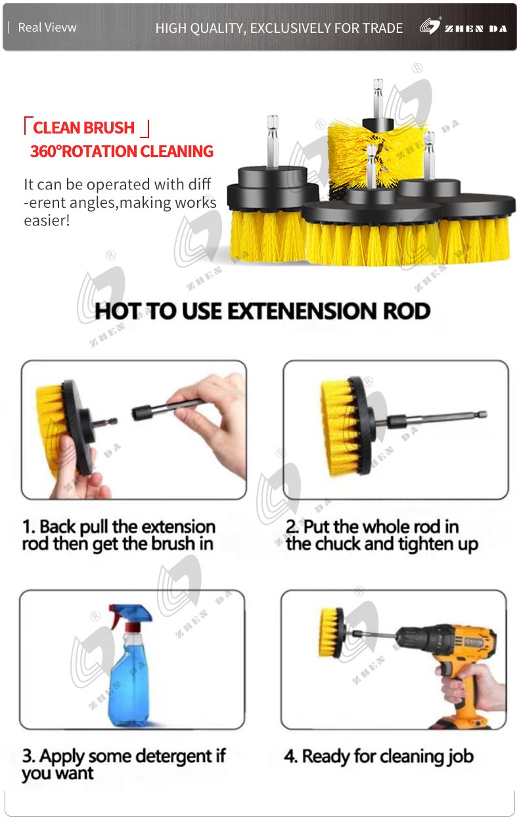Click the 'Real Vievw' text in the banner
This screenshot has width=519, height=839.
pos(47,28)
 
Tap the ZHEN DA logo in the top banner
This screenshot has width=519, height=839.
pos(463,27)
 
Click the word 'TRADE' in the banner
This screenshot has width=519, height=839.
pos(382,28)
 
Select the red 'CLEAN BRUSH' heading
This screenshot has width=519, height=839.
pos(83,128)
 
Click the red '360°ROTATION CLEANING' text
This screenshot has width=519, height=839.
pos(122,151)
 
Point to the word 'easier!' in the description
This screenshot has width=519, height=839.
pos(47,220)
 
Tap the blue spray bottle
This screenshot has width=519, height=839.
pos(130,666)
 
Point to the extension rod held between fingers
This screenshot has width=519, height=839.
pos(166,410)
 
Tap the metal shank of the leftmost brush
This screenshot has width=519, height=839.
pos(273,141)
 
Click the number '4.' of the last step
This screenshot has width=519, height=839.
pos(291,756)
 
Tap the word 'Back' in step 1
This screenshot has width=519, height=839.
pos(58,527)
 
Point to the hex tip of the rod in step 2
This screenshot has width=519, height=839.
pos(482,414)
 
